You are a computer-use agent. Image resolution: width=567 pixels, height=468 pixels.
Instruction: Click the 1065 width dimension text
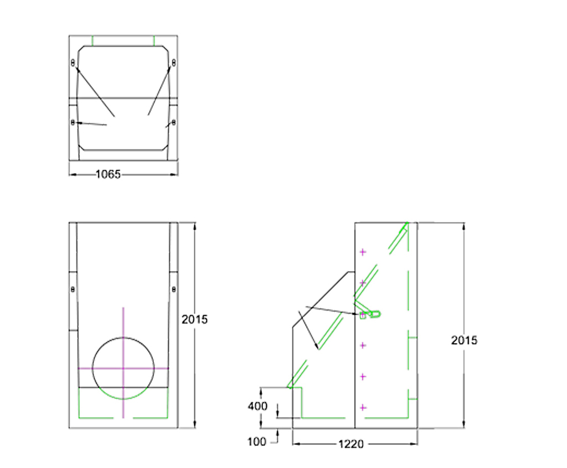(x=108, y=174)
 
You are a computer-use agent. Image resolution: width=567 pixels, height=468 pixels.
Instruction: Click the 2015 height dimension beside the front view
(x=194, y=319)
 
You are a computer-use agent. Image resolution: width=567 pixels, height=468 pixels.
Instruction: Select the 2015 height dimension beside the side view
(x=463, y=340)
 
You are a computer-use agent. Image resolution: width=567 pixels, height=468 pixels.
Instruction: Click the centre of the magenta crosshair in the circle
(x=123, y=368)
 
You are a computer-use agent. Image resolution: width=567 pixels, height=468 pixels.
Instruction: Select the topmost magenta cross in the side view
(x=363, y=252)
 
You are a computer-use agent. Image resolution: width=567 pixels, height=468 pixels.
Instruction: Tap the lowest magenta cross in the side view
(x=363, y=408)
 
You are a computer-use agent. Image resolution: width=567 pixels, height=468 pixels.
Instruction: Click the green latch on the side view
(x=374, y=314)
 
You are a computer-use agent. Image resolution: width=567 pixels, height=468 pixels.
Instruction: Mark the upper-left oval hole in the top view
(x=73, y=63)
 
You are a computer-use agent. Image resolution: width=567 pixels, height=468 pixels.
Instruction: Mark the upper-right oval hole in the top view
(x=173, y=63)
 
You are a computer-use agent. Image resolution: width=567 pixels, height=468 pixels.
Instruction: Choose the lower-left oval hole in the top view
(x=73, y=122)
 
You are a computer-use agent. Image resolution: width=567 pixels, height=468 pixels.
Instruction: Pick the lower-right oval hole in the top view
(x=173, y=122)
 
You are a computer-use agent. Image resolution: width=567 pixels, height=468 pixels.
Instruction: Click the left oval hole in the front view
(x=73, y=289)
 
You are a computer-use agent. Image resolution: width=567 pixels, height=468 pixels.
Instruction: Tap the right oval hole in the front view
(x=173, y=289)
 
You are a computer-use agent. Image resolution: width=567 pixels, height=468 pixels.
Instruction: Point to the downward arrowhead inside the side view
(x=317, y=347)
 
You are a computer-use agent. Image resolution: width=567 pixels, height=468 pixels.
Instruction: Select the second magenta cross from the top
(x=363, y=283)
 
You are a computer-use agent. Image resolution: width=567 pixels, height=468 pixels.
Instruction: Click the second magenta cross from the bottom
(x=363, y=377)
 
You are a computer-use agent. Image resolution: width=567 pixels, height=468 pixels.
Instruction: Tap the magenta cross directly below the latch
(x=363, y=346)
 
